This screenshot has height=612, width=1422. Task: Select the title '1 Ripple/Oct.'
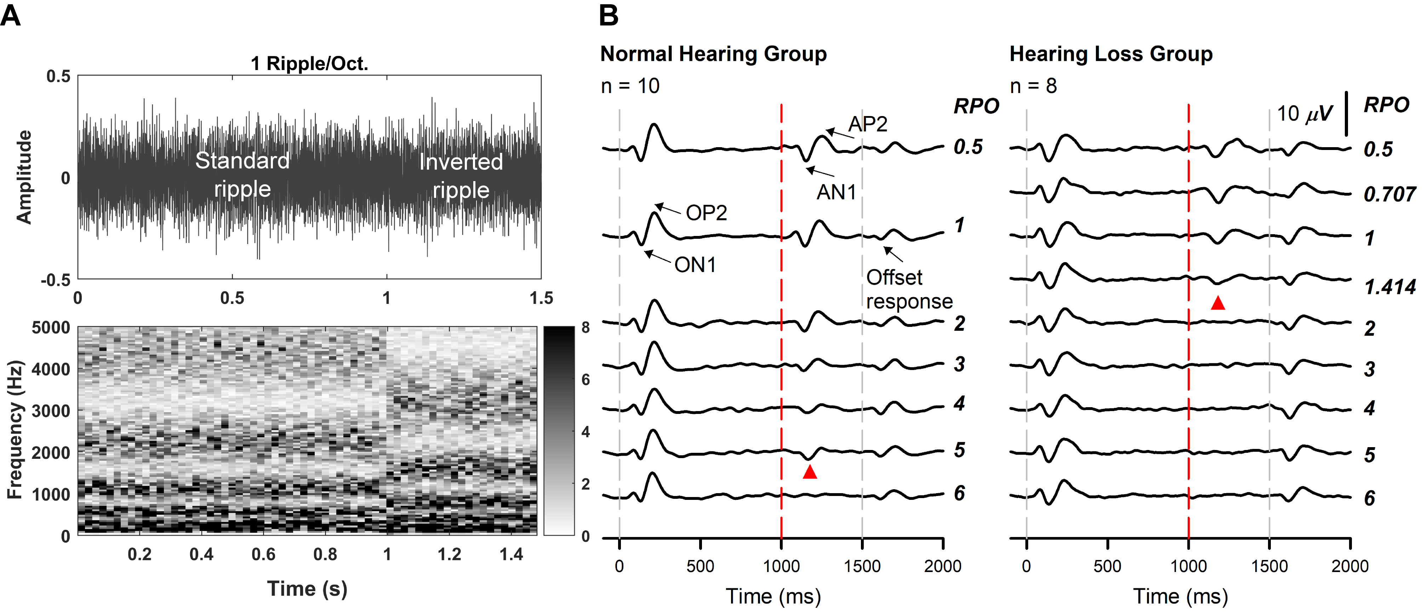point(309,64)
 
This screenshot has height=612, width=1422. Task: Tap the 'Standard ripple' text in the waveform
point(242,174)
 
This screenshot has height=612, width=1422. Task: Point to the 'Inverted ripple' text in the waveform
point(461,175)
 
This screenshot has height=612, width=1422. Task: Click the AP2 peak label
point(868,124)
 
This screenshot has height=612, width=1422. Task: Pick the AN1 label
point(836,192)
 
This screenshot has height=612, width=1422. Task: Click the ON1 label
point(695,265)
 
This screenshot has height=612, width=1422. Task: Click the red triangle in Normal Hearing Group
point(809,472)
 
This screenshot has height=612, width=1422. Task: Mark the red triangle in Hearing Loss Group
point(1218,303)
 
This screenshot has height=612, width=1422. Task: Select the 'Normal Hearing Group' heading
point(713,54)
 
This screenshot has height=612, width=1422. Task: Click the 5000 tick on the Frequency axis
point(51,328)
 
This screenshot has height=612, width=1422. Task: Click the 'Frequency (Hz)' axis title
point(16,429)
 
